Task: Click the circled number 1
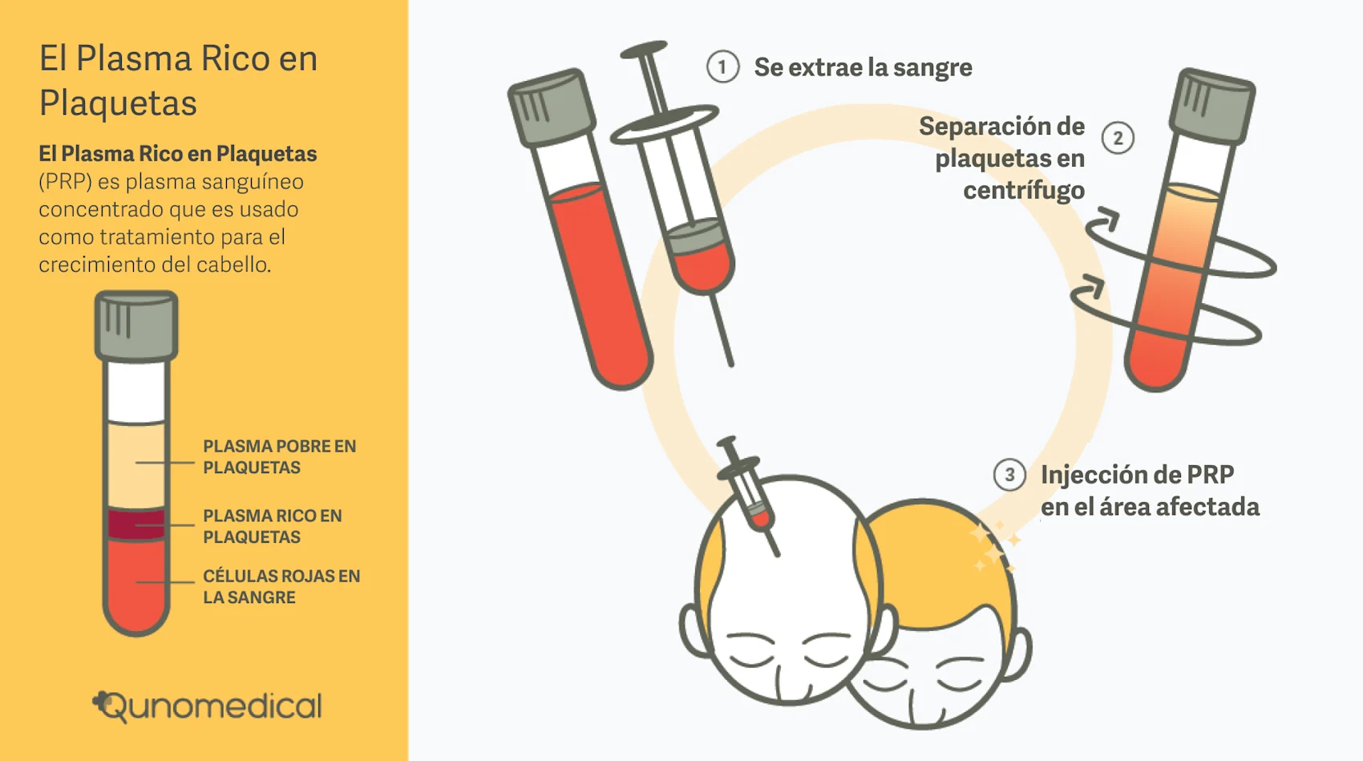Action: tap(722, 67)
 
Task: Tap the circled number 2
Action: tap(1118, 138)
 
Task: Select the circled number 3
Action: tap(1009, 475)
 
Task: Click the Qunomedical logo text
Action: tap(208, 706)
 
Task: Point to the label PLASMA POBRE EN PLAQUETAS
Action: tap(279, 457)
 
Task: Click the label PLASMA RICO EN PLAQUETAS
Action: tap(272, 526)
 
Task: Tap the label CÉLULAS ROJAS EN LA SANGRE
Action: tap(281, 586)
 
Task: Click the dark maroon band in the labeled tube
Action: tap(136, 524)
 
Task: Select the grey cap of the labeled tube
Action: tap(136, 326)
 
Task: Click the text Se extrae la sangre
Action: tap(863, 67)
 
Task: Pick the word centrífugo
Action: tap(1024, 191)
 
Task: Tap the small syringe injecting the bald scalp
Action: tap(750, 493)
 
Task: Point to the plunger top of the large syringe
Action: tap(644, 51)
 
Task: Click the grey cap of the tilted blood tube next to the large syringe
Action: tap(552, 107)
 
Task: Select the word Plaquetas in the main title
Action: tap(118, 103)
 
